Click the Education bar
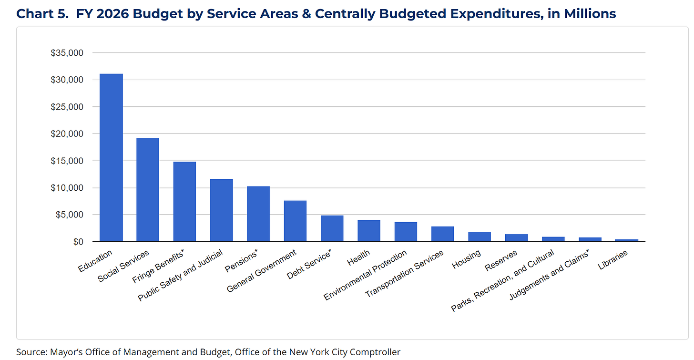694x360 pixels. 111,157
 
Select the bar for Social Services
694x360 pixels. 148,189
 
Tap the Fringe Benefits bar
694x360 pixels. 184,201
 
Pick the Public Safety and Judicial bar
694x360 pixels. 222,210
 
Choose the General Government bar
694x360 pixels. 295,221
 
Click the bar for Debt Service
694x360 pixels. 332,228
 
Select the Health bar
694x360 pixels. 369,231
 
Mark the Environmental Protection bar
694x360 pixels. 406,232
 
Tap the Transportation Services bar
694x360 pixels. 443,234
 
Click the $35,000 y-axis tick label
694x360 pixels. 67,53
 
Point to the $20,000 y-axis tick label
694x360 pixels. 67,134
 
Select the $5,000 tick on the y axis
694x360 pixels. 70,215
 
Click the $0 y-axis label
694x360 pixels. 78,242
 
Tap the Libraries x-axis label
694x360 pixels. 613,259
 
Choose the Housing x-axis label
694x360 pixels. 467,259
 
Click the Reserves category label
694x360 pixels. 501,260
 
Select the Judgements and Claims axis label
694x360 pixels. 550,275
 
